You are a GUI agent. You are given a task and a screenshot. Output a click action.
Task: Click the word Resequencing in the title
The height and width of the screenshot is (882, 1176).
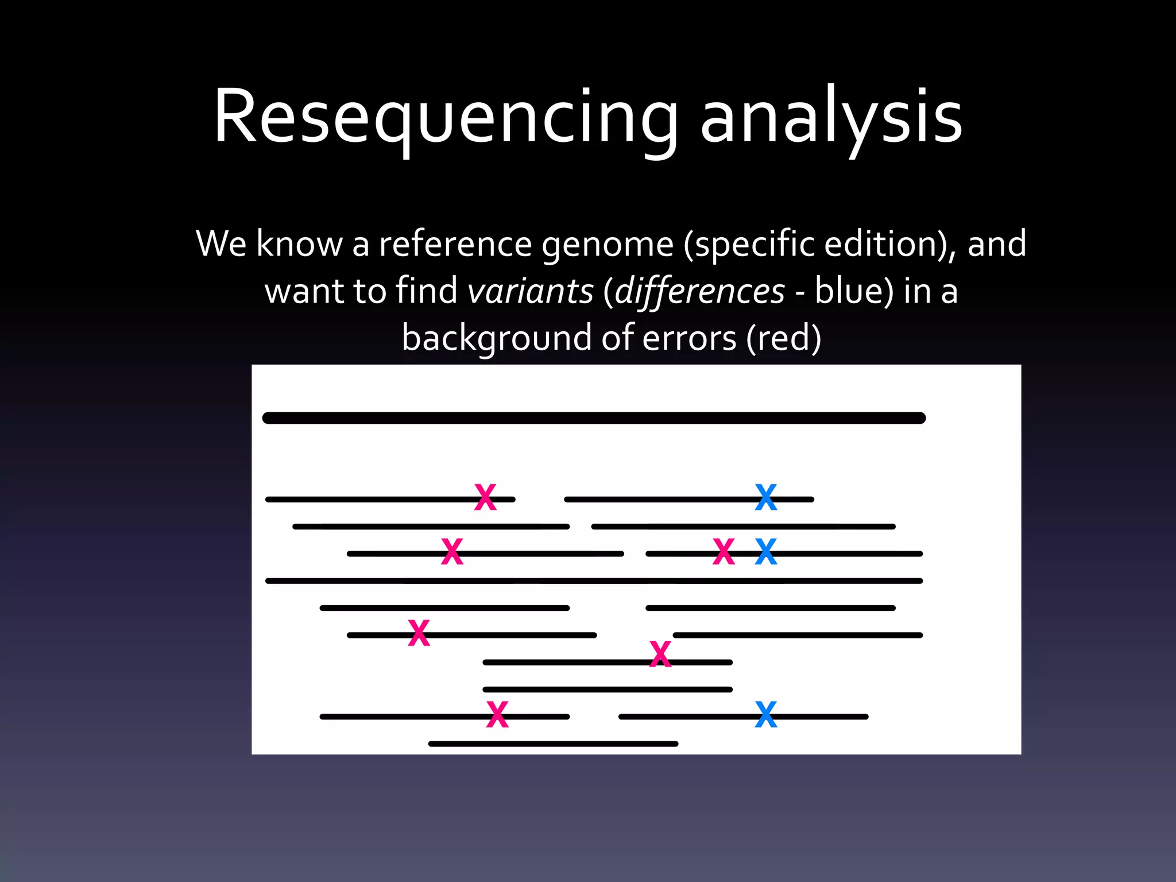(x=446, y=117)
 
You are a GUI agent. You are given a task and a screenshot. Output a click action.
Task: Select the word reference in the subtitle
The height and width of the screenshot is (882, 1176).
(x=455, y=244)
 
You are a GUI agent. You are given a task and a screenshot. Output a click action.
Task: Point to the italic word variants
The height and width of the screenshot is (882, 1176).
(x=530, y=291)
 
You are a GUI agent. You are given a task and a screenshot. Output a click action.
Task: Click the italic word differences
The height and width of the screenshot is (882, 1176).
(x=699, y=291)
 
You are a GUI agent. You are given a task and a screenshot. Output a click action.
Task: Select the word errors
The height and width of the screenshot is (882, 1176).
(x=688, y=338)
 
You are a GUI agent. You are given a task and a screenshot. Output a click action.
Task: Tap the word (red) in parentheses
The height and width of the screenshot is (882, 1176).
(x=784, y=338)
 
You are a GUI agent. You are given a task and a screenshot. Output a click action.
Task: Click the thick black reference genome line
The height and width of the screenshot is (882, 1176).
(x=594, y=418)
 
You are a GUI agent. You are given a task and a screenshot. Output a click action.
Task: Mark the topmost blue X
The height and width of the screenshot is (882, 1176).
(x=765, y=497)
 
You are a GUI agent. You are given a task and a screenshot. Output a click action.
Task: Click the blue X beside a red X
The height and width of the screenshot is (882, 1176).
(x=765, y=552)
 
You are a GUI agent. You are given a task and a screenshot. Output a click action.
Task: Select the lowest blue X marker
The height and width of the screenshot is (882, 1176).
(x=765, y=715)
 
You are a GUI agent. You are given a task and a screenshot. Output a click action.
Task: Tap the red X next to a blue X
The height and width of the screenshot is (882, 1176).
(x=724, y=552)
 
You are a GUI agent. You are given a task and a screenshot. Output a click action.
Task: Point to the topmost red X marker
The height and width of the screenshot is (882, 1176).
(x=485, y=497)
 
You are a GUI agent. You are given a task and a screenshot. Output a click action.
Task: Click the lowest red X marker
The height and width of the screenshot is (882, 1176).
(x=497, y=715)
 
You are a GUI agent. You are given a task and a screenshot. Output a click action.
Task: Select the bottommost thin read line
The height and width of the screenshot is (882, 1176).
(x=553, y=744)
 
